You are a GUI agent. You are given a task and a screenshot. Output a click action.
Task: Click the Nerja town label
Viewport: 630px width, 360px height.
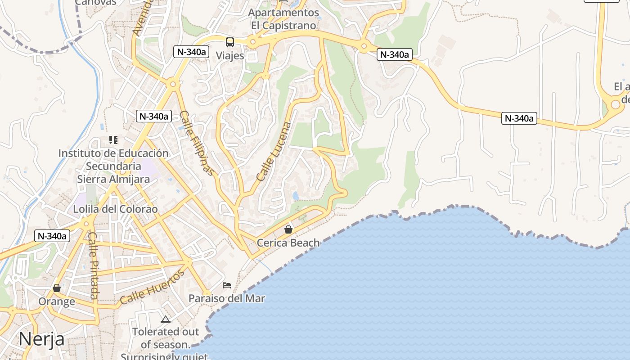[41, 339]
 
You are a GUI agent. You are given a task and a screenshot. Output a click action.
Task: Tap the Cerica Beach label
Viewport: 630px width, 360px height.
[288, 243]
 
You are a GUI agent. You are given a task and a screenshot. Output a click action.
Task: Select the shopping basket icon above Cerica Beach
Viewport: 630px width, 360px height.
[288, 229]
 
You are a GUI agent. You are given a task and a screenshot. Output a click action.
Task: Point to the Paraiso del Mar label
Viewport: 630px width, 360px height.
[226, 298]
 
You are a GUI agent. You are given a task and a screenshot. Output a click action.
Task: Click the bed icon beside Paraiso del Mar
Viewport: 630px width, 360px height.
[227, 285]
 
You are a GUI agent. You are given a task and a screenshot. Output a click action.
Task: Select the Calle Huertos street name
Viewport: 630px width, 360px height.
[153, 287]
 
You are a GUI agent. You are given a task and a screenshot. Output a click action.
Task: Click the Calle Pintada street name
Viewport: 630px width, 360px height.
[93, 265]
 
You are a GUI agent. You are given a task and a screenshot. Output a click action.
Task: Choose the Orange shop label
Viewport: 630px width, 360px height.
[57, 301]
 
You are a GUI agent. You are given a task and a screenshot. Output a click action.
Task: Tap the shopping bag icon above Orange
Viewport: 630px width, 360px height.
[57, 288]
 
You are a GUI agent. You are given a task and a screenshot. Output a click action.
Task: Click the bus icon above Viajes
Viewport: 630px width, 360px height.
[230, 42]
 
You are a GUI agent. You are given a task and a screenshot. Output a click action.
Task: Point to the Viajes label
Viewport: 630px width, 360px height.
[230, 56]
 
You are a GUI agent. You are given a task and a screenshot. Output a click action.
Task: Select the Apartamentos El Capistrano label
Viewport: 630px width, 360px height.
[283, 19]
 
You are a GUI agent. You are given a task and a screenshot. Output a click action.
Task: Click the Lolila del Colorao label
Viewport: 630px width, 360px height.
[116, 209]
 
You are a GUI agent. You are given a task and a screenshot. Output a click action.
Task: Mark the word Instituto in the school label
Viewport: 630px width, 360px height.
[77, 153]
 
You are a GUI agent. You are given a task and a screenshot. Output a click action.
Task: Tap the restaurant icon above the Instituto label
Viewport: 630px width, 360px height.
[113, 140]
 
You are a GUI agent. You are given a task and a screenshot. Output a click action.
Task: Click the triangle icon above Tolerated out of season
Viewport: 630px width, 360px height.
[166, 319]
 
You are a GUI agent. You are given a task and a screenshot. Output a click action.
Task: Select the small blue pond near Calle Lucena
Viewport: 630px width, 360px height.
[295, 196]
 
